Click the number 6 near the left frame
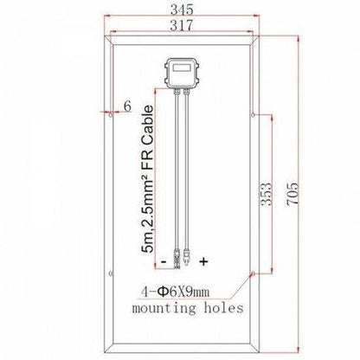coord(126,106)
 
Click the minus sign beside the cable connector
coord(161,260)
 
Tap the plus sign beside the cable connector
coord(204,260)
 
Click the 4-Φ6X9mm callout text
coord(193,291)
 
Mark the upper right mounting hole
coord(251,112)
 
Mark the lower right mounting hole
coord(251,272)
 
